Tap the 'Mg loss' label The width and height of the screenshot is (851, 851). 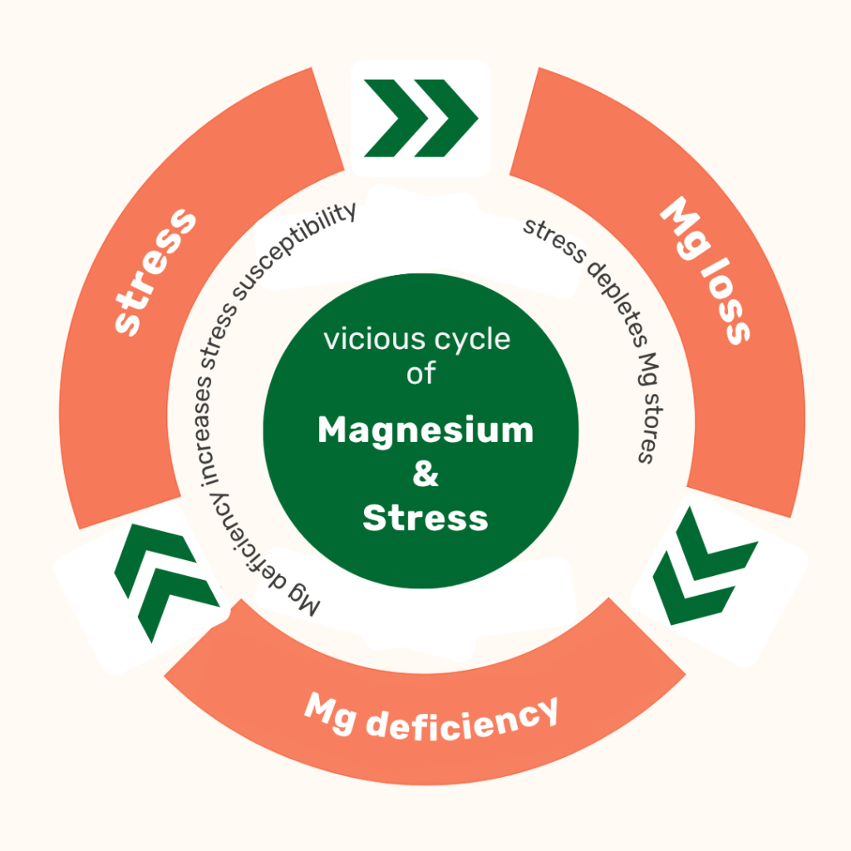(705, 270)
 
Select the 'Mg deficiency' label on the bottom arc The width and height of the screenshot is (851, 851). (430, 716)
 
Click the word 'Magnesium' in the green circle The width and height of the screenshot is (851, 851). (425, 430)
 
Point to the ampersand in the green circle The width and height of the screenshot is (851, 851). (425, 475)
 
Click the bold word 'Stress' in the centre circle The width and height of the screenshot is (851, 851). (425, 518)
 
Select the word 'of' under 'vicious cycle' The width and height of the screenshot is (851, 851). (421, 373)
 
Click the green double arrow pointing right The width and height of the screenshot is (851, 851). (421, 118)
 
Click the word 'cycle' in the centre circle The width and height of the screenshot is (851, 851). (477, 340)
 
